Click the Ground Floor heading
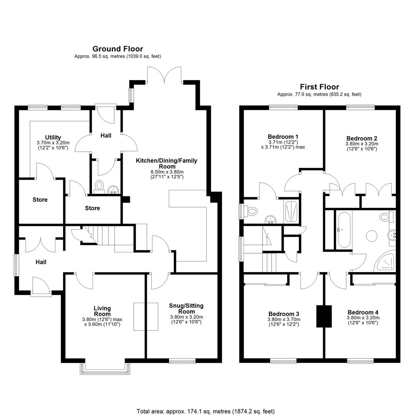[118, 49]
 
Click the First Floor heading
[319, 87]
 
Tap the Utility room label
[53, 137]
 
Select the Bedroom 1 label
[283, 136]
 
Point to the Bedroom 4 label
[363, 312]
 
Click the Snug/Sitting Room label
[186, 309]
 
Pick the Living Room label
[102, 311]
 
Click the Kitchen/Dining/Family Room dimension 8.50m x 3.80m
[167, 172]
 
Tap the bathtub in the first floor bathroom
[344, 229]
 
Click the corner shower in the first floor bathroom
[385, 262]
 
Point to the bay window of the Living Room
[105, 369]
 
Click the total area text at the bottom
[206, 411]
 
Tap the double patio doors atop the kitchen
[164, 75]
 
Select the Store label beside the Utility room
[40, 199]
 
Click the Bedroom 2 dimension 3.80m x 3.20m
[362, 144]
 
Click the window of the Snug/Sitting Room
[182, 361]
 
